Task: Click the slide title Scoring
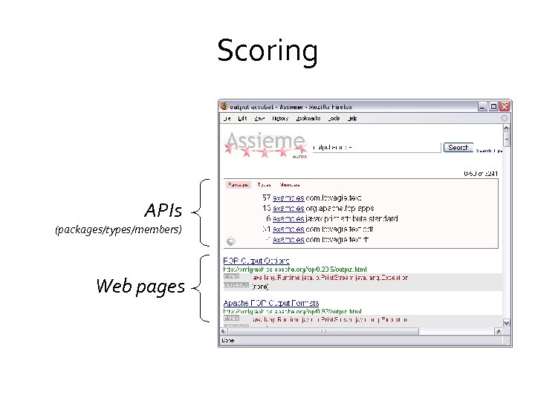[267, 51]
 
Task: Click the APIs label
[163, 211]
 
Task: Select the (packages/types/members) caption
[118, 230]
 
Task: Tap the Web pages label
[140, 286]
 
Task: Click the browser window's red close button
[505, 106]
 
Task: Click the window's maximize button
[493, 106]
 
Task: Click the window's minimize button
[482, 106]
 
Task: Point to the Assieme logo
[265, 143]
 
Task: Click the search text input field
[375, 148]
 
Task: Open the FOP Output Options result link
[256, 261]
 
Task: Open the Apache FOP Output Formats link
[271, 303]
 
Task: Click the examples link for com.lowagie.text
[288, 198]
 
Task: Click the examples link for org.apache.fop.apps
[288, 209]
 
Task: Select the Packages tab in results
[239, 184]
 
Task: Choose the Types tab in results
[264, 184]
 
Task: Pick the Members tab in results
[290, 184]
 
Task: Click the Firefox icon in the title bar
[224, 106]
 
